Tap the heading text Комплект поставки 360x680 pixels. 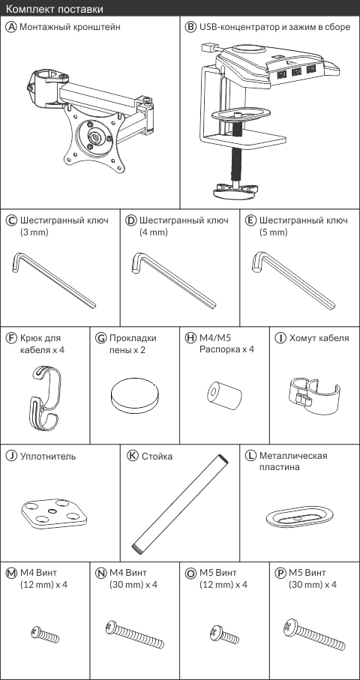[x=55, y=9]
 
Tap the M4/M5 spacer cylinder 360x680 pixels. [x=223, y=394]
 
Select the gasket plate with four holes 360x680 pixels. [x=54, y=514]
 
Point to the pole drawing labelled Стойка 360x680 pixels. [x=180, y=502]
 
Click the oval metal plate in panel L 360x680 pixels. [x=300, y=517]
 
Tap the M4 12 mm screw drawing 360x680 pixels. [x=45, y=634]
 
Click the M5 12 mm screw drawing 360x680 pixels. [x=223, y=634]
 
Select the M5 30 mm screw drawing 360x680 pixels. [x=314, y=635]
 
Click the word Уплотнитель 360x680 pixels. [x=48, y=457]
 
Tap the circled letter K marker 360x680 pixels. [x=133, y=455]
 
